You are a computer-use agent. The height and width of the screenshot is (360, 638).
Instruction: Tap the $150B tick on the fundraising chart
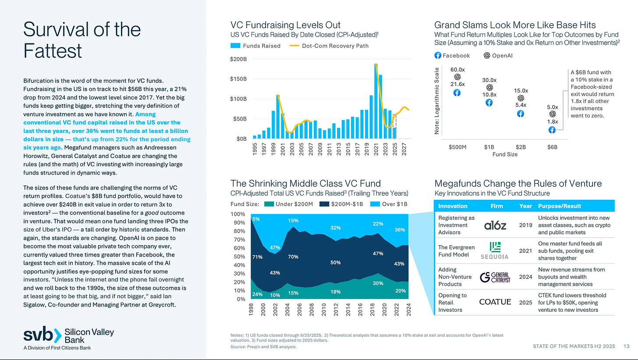(x=238, y=79)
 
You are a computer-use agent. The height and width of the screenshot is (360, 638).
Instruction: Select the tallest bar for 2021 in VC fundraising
(x=376, y=101)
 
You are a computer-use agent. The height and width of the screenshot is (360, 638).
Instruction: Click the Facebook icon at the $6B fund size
(x=552, y=130)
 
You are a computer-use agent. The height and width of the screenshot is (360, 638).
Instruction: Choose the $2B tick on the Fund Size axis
(x=521, y=147)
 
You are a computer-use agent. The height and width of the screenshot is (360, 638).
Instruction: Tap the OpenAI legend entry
(x=498, y=56)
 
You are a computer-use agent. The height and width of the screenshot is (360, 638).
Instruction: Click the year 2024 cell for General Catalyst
(x=525, y=277)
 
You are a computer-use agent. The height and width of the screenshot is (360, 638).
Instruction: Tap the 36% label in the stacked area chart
(x=400, y=229)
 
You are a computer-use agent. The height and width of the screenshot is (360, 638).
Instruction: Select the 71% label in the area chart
(x=257, y=257)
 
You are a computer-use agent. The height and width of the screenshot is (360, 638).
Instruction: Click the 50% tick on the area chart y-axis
(x=239, y=257)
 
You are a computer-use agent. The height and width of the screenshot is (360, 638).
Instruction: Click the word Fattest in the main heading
(x=53, y=50)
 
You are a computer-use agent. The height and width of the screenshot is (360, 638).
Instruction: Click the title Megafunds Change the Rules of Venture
(x=518, y=183)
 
